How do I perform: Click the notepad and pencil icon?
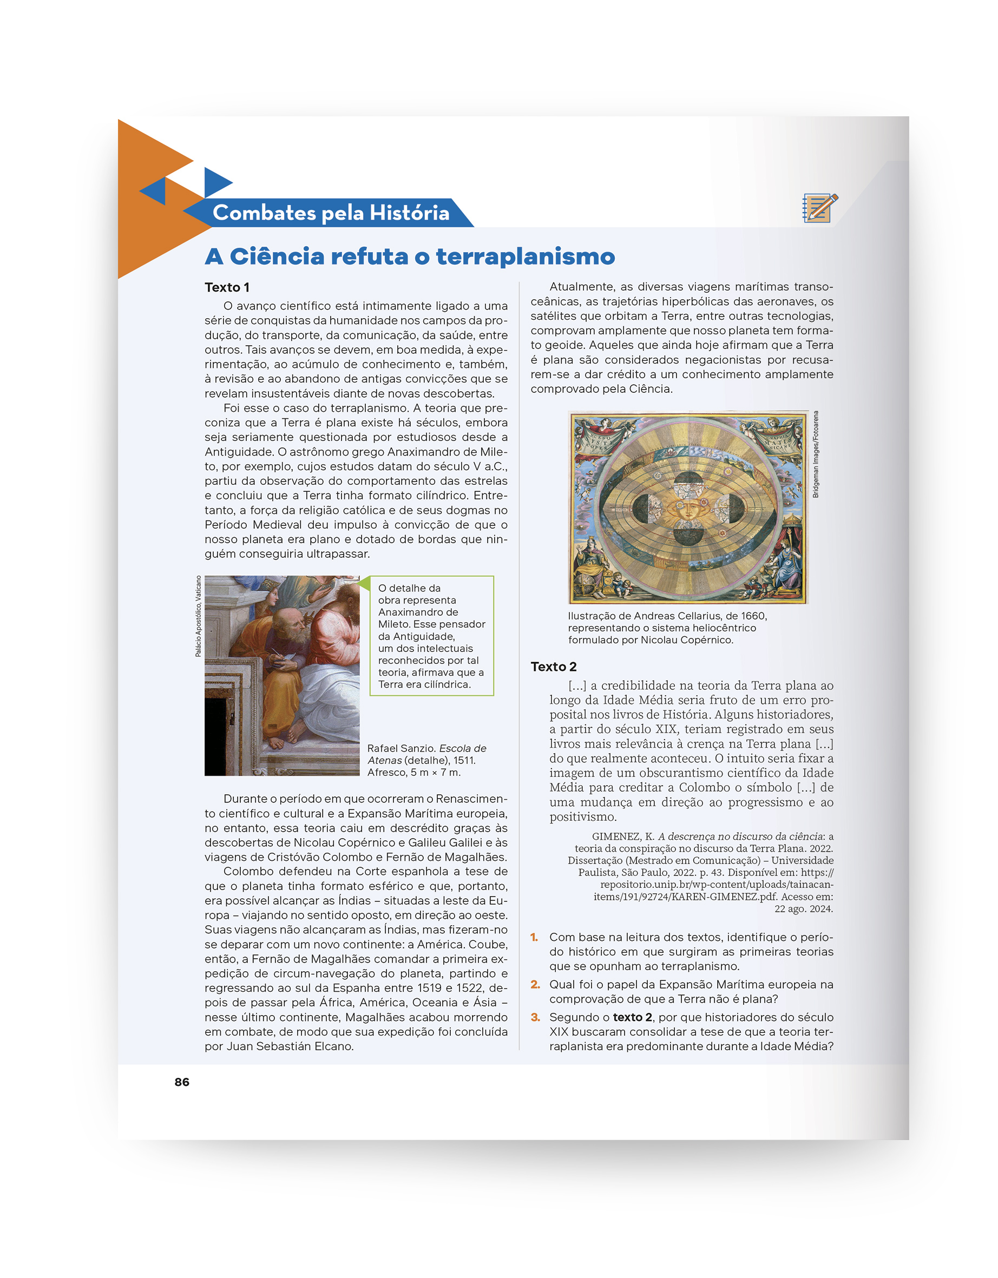[820, 208]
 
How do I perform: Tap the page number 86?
[182, 1082]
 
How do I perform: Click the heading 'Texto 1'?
[227, 287]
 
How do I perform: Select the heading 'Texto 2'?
[553, 667]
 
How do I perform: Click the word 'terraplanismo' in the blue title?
[525, 257]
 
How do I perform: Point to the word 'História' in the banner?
[410, 213]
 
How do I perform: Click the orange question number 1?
[534, 938]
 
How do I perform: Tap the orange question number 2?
[534, 985]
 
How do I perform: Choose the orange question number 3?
[534, 1018]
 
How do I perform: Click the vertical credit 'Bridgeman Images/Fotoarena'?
[816, 454]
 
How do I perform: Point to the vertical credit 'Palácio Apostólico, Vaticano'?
[198, 616]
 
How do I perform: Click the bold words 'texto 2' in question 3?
[632, 1018]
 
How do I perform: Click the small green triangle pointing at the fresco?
[364, 583]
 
